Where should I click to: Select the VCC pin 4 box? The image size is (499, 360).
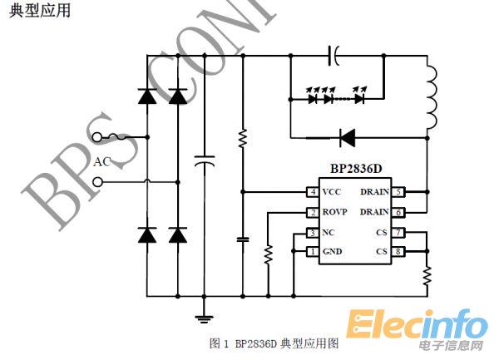[313, 192]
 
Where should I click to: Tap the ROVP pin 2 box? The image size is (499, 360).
[313, 212]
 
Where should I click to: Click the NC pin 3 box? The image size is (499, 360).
[313, 233]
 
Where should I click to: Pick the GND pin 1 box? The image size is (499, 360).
[313, 252]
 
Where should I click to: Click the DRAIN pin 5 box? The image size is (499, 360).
[398, 192]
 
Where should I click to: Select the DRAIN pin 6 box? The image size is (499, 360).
[398, 212]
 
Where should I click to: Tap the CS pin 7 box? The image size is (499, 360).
[398, 233]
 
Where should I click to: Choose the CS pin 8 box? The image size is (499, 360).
[398, 252]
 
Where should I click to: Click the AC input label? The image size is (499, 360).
[101, 161]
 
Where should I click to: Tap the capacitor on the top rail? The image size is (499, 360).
[333, 57]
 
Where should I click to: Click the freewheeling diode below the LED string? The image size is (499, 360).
[347, 136]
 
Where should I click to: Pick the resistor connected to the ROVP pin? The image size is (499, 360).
[268, 254]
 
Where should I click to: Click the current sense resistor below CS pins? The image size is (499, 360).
[427, 275]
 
